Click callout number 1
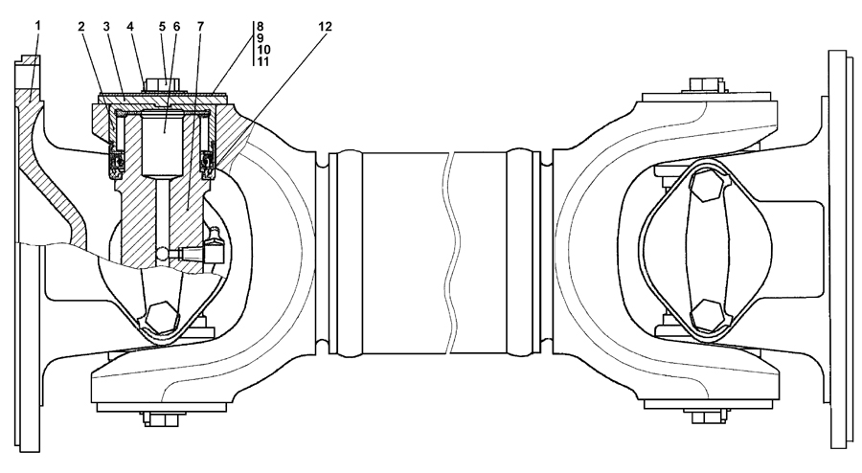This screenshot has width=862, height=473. coord(38,26)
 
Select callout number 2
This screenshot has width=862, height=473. coord(82,26)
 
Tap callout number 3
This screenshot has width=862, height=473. coord(106,26)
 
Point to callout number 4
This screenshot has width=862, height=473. coord(130,26)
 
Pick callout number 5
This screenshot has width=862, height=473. coord(162,26)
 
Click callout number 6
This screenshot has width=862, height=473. coord(176,26)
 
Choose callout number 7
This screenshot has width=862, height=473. coord(200,26)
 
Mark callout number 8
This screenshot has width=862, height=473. coord(260,26)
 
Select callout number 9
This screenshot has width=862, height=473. coord(260,38)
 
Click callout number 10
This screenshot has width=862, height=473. coord(263,50)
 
